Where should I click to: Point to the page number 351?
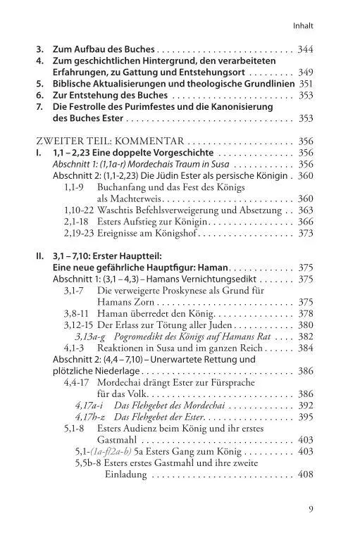coord(304,82)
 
